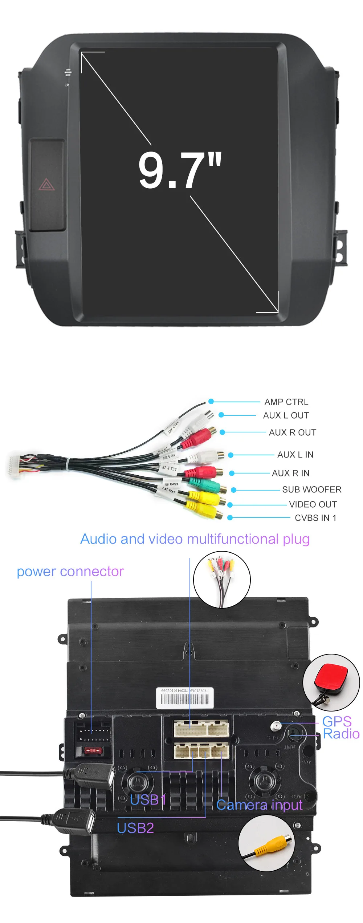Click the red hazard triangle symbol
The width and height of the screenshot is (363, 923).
click(46, 185)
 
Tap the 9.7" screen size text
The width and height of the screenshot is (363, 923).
click(180, 170)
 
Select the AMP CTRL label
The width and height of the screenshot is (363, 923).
click(286, 402)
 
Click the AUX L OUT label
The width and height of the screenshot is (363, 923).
click(286, 415)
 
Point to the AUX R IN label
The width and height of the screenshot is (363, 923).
click(290, 473)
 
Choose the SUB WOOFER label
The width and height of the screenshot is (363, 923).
click(311, 489)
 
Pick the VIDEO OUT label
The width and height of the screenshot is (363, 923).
click(313, 504)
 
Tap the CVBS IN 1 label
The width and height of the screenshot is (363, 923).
click(315, 518)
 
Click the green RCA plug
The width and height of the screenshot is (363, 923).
click(205, 485)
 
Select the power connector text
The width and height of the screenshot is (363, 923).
click(70, 572)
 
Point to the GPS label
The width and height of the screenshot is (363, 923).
click(337, 721)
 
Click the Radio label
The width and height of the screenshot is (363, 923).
click(341, 734)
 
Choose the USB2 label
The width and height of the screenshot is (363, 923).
click(135, 828)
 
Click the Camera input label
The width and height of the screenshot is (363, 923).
click(259, 805)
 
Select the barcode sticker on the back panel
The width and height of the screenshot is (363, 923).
click(185, 698)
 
